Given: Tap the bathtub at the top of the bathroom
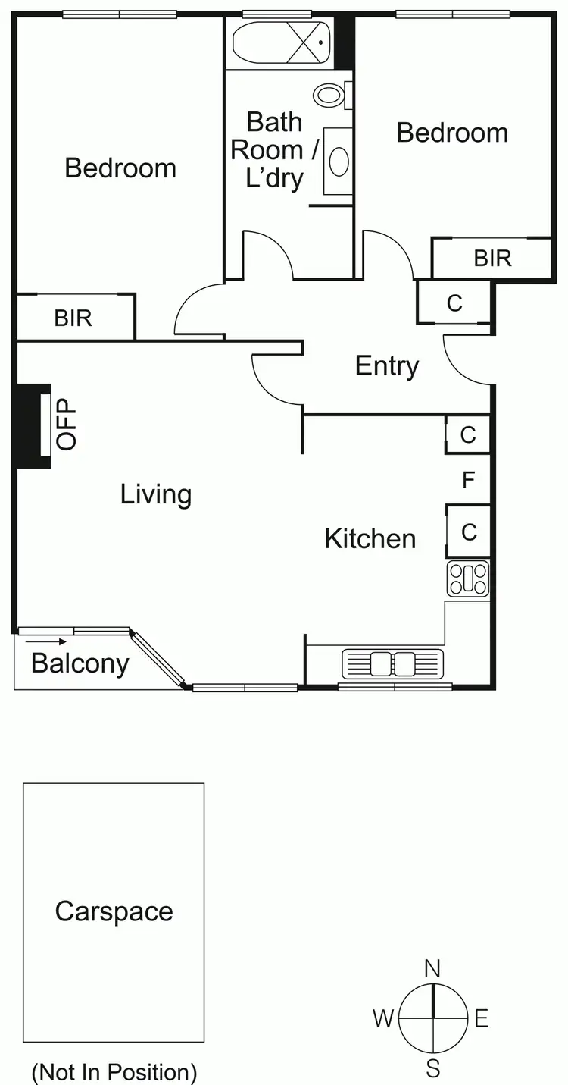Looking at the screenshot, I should [282, 44].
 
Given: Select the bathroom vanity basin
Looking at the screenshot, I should [339, 161].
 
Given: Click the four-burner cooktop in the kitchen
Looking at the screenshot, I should [468, 580].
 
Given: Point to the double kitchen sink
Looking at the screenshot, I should [392, 663].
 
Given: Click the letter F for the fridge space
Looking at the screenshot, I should [469, 480].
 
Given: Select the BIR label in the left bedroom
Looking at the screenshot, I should [73, 318].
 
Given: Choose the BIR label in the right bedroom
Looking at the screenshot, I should [492, 259].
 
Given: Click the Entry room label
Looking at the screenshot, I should [387, 366].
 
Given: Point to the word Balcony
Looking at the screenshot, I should [80, 663].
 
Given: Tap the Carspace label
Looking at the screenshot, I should [114, 911].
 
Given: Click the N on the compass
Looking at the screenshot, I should [432, 968].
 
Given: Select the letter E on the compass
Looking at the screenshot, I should [481, 1019].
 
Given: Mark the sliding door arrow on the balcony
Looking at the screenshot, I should [45, 641].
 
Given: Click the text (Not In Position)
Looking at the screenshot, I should [114, 1072].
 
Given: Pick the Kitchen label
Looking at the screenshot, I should [370, 539].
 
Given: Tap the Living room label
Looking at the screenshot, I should [156, 494].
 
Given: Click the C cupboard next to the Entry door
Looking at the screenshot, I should [454, 303].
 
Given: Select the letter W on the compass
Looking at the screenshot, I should [382, 1019].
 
